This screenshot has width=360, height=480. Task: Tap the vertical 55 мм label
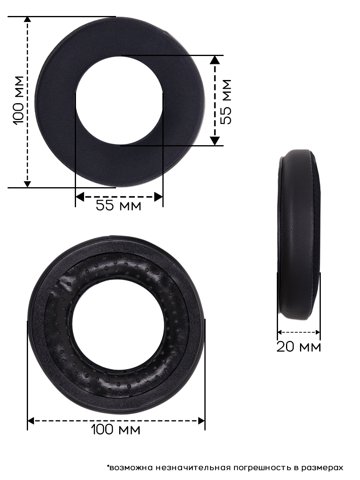(226, 102)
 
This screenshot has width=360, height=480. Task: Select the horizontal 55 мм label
(118, 205)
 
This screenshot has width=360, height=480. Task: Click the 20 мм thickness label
(298, 347)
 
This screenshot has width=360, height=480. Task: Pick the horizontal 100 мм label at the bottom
(116, 429)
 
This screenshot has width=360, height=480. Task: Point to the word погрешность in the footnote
(262, 466)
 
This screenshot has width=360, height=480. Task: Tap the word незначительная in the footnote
(193, 466)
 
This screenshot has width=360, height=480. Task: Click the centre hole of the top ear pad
(119, 100)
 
